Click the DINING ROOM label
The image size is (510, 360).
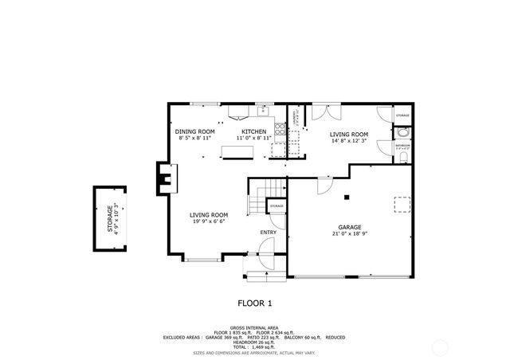[x=195, y=131]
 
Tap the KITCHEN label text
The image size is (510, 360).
[x=253, y=131]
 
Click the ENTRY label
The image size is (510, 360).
[x=268, y=232]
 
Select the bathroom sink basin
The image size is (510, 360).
[x=402, y=133]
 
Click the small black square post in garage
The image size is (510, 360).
[x=347, y=197]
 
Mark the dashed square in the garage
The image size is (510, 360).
[x=403, y=205]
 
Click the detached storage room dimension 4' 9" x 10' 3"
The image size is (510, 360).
[x=116, y=217]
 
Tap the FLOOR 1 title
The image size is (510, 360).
[x=255, y=303]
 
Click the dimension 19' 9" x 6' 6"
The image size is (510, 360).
[x=209, y=222]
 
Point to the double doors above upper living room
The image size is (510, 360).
[x=321, y=110]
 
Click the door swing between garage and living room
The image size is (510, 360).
[x=324, y=185]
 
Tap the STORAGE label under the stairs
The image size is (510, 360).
[x=277, y=206]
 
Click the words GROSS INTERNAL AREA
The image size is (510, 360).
[x=255, y=327]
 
